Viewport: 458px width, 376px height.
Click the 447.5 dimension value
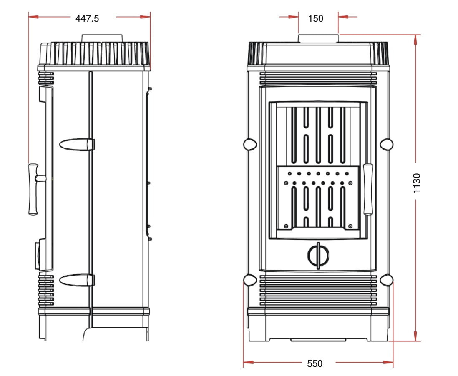tap(87, 19)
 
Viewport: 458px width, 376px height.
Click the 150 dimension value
tap(316, 19)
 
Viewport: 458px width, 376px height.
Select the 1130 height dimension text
tap(417, 183)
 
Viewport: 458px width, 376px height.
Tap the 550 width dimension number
tap(315, 363)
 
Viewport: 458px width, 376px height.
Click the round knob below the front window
tap(318, 256)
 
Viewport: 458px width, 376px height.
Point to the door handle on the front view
tap(368, 189)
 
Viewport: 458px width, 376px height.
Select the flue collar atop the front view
tap(318, 38)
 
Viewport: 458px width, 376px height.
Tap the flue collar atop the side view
tap(102, 38)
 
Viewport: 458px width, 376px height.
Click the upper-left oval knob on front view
tap(250, 144)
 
